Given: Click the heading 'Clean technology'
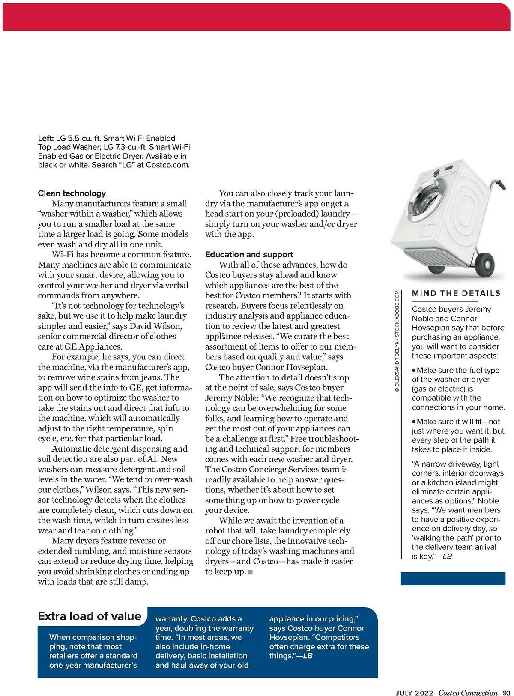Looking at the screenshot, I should pos(72,193).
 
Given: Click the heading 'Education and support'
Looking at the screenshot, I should pos(249,254).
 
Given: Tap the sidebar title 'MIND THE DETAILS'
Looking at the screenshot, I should pos(456,293).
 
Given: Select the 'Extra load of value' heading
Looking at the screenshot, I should pos(90,616).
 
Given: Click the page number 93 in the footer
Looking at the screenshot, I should pos(506,692).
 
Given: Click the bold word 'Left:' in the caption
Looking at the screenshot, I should pos(46,138).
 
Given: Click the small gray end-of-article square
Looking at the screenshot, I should pos(251,572).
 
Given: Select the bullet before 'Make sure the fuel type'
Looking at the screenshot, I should pos(414,370).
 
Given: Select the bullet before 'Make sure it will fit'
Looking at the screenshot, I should pos(414,422).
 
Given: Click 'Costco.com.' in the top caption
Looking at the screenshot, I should pos(167,165).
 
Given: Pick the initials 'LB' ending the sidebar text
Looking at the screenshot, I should pos(447,557).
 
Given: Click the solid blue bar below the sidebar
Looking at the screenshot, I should pos(453,579).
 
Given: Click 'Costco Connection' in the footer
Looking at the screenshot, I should pos(468,692).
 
